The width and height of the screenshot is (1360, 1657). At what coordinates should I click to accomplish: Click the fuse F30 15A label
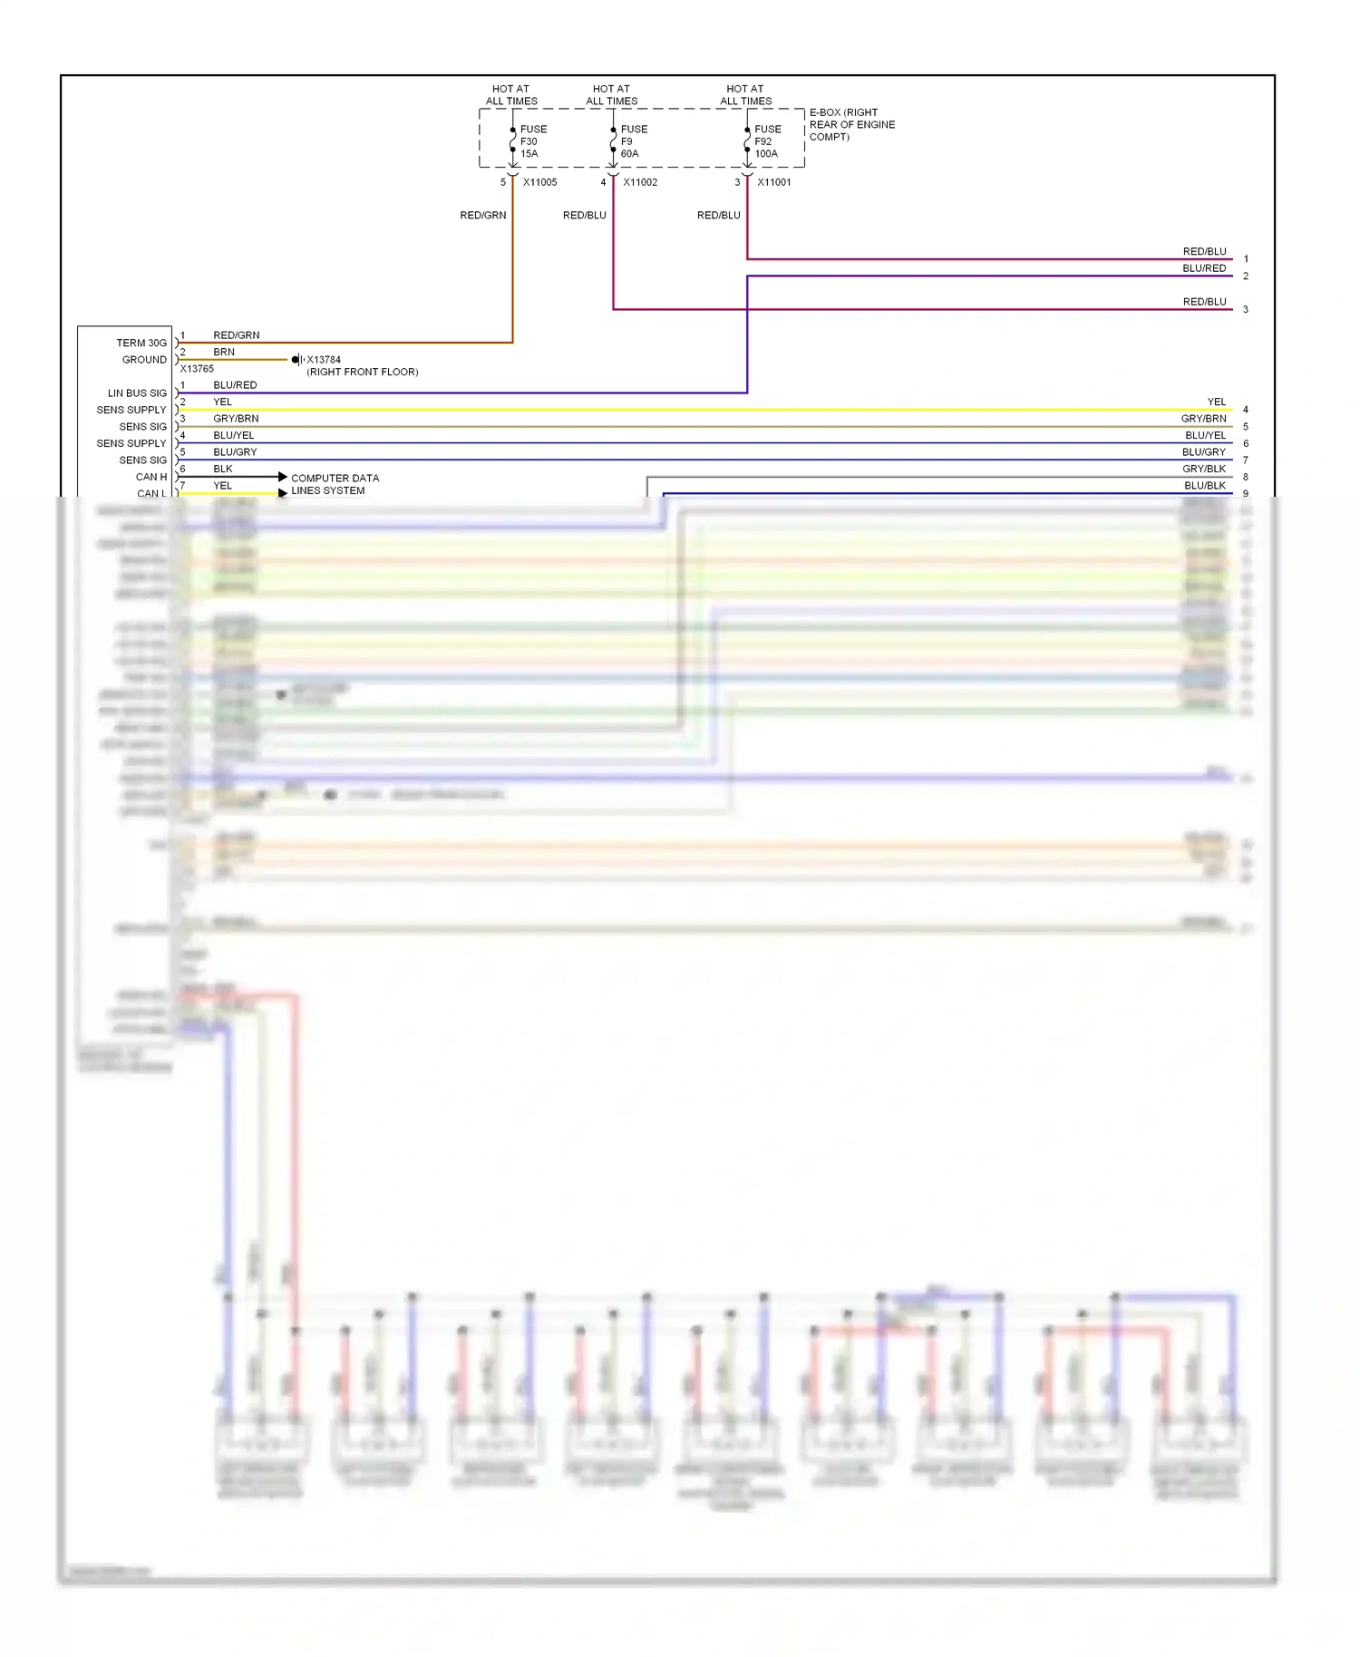(x=532, y=141)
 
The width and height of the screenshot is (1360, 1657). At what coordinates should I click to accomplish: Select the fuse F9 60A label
(x=633, y=141)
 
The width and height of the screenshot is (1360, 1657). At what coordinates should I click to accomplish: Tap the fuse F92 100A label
(x=767, y=141)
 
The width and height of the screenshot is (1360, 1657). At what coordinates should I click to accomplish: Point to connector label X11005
(x=539, y=182)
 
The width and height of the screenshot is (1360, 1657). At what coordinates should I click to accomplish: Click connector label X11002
(x=640, y=182)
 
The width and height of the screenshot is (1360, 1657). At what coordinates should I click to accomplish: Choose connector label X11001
(x=774, y=182)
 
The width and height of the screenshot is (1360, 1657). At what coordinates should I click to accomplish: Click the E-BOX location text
(x=851, y=125)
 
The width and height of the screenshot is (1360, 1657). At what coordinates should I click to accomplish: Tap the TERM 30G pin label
(x=141, y=343)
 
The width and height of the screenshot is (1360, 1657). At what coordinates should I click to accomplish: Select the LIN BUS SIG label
(x=137, y=393)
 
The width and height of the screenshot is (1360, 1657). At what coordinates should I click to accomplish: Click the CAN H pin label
(x=151, y=477)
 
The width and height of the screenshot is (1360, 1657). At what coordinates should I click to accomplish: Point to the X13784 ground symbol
(x=296, y=360)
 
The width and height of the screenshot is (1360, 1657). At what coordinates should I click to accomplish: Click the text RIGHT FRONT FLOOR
(x=363, y=373)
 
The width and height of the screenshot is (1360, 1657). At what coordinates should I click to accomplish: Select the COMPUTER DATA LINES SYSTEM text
(x=335, y=484)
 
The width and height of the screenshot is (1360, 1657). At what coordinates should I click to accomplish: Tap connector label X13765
(x=197, y=369)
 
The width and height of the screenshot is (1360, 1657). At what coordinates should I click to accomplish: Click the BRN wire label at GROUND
(x=224, y=352)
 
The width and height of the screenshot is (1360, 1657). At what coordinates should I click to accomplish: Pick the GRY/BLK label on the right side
(x=1204, y=469)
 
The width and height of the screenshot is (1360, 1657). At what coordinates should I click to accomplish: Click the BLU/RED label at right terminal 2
(x=1204, y=268)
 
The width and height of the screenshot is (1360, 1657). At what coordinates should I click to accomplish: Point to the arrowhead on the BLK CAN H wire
(x=283, y=477)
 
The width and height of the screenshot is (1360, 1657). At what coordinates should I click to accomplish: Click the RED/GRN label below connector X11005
(x=482, y=216)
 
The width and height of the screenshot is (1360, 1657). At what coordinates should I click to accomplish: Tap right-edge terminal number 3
(x=1246, y=310)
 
